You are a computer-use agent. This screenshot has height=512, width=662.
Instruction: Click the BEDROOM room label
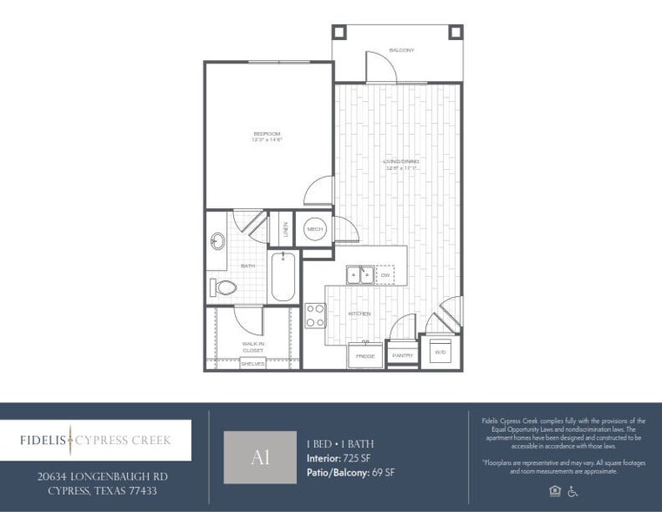[268, 136]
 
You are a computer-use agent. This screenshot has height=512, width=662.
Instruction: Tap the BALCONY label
[401, 51]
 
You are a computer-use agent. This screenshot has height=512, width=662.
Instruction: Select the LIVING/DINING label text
[401, 163]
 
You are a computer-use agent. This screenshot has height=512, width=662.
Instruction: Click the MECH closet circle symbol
[314, 230]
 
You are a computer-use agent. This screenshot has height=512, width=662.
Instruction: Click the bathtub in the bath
[282, 277]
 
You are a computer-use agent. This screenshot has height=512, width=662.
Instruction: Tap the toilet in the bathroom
[225, 287]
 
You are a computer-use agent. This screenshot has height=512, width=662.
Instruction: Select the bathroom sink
[217, 239]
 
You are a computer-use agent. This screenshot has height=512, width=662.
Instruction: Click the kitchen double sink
[360, 275]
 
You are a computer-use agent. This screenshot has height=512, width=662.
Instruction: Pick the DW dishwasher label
[384, 275]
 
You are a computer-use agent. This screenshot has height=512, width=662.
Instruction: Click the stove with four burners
[315, 315]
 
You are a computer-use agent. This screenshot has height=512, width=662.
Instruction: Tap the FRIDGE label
[364, 356]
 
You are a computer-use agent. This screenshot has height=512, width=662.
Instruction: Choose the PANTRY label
[402, 356]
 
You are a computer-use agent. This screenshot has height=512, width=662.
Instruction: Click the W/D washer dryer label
[439, 351]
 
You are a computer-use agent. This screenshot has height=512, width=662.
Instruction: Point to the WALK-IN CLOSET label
[253, 347]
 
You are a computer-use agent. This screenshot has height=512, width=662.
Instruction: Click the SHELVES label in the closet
[253, 364]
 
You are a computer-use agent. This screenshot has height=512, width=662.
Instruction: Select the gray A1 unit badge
[259, 457]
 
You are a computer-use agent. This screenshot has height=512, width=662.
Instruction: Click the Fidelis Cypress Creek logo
[95, 441]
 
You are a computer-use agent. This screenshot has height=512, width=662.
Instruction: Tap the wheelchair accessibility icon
[572, 491]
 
